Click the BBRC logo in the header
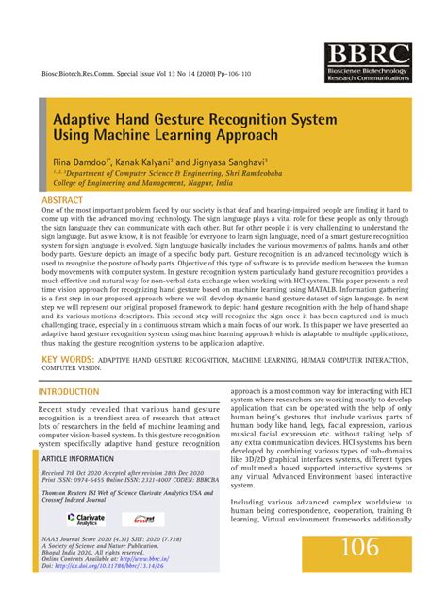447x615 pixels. (367, 63)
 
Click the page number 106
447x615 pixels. (360, 547)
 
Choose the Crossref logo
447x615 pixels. (142, 519)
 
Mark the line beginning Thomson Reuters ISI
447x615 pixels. (109, 494)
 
